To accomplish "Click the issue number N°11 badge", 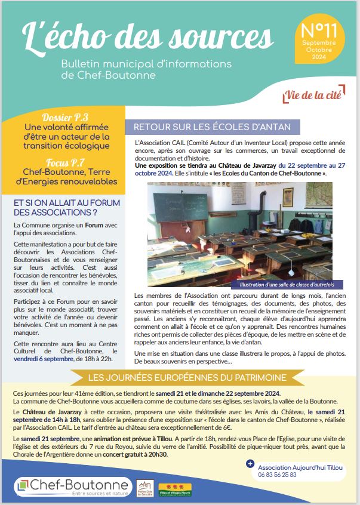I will (x=319, y=41).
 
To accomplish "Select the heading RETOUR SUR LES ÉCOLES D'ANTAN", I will (x=213, y=127).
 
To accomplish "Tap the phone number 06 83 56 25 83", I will (x=277, y=474).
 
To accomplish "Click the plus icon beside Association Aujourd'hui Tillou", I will (x=250, y=463).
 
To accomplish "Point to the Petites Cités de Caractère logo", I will (x=143, y=486).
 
